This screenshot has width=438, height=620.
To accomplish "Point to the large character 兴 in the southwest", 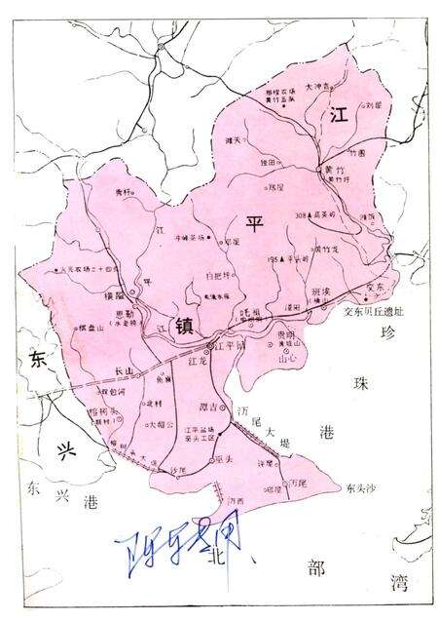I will pyautogui.click(x=64, y=450).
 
